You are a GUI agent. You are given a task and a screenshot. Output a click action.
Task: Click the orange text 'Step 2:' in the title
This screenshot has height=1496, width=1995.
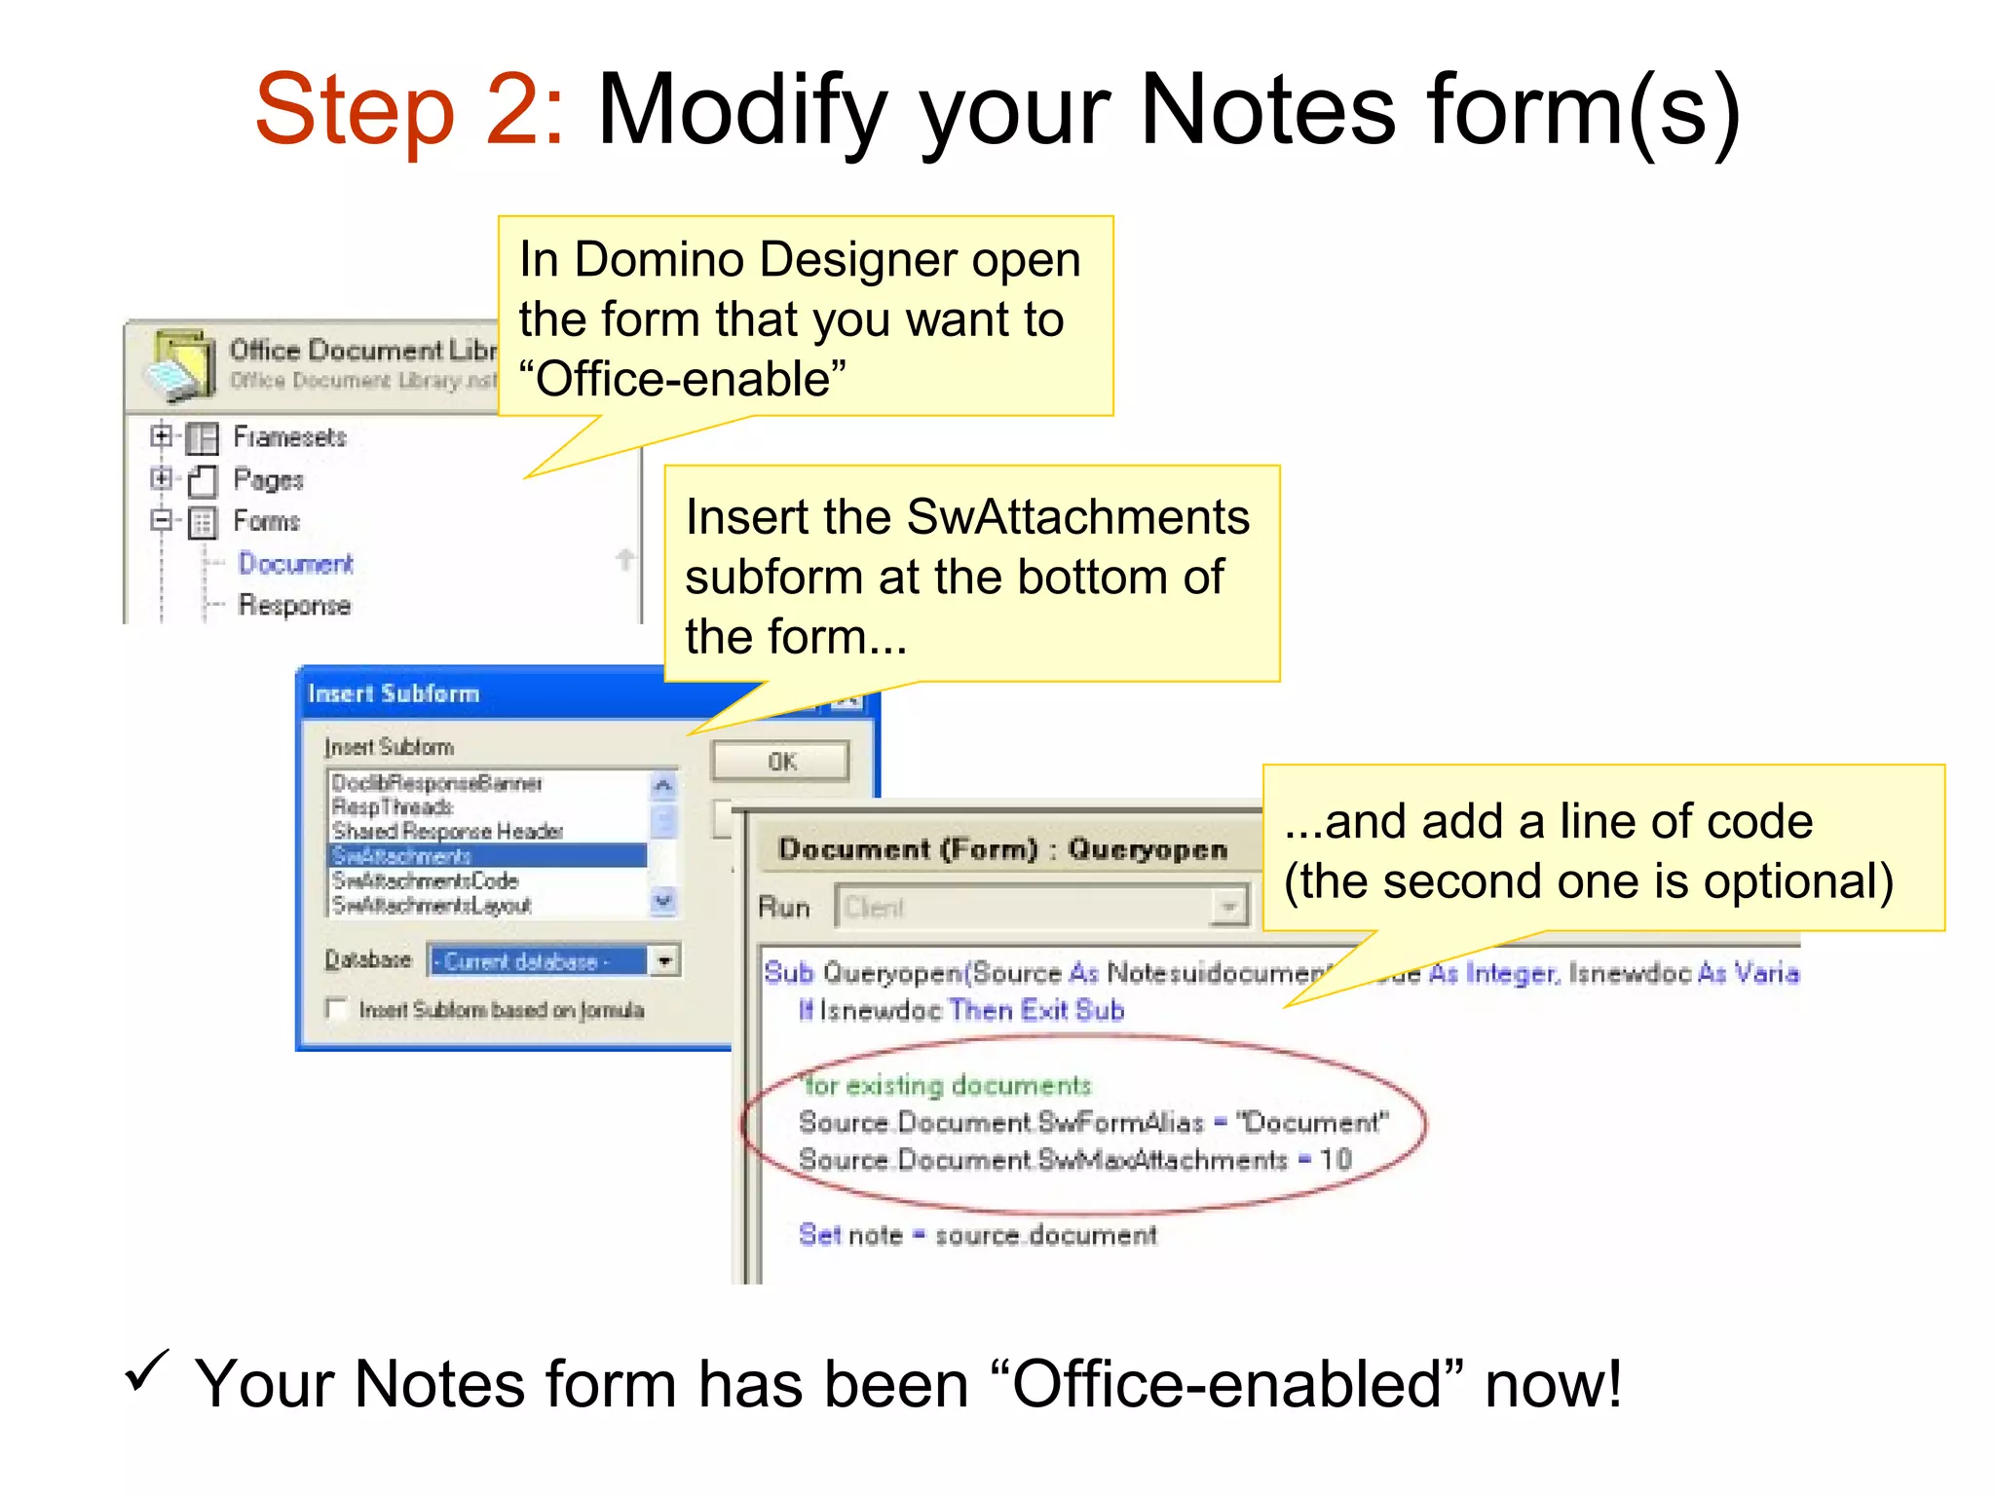(x=409, y=109)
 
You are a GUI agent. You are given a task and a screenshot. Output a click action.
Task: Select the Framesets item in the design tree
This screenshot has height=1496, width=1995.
(x=289, y=437)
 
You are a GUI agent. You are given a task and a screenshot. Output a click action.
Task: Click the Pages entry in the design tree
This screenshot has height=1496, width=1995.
(x=268, y=479)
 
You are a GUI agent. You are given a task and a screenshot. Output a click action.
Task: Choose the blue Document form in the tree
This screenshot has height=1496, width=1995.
(x=295, y=564)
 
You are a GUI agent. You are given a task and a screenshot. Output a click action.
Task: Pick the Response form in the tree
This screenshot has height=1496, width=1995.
(x=294, y=605)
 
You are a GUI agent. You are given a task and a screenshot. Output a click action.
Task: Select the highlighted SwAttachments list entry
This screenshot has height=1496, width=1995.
(x=401, y=856)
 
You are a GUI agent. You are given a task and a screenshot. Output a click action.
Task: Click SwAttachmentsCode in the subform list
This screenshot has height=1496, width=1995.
(x=425, y=880)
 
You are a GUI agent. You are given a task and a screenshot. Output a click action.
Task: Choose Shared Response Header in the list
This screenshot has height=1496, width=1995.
(x=447, y=831)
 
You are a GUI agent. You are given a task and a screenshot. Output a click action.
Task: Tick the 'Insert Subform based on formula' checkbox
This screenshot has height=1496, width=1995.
(x=337, y=1009)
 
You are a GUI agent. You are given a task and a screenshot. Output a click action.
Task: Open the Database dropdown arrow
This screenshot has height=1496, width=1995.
(x=664, y=961)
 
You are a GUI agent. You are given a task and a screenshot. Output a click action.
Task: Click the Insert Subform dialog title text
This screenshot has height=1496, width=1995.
(x=394, y=693)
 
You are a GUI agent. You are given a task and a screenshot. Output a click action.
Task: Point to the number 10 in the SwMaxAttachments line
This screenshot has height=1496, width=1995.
(x=1336, y=1159)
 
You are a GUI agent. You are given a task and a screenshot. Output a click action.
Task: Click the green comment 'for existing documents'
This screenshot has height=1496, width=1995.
(x=946, y=1085)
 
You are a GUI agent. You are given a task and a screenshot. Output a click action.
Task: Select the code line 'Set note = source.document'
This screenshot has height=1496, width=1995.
(x=977, y=1235)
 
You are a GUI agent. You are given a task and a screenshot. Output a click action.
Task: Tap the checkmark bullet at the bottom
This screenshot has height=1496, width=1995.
(x=147, y=1371)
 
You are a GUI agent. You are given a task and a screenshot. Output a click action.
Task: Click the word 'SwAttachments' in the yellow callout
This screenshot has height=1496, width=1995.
(x=1077, y=517)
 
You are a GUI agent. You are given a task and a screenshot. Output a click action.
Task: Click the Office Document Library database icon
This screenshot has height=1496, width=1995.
(x=180, y=365)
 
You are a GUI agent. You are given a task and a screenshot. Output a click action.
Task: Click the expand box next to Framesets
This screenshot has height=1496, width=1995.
(x=161, y=435)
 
